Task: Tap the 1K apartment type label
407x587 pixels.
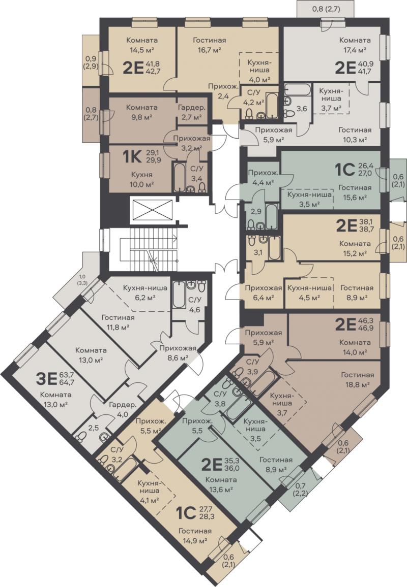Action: point(132,157)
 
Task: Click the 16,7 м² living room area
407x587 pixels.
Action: point(209,49)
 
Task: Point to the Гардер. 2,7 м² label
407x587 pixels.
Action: point(191,112)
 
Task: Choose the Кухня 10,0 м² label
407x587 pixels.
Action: point(141,179)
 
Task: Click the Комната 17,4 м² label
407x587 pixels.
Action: point(355,45)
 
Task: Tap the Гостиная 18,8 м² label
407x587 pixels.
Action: point(357,379)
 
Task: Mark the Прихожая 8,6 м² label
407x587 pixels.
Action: point(178,352)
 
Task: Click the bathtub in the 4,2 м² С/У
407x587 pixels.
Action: point(271,103)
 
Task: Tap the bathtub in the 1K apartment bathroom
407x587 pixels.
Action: point(179,177)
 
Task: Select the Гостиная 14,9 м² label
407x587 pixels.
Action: point(195,535)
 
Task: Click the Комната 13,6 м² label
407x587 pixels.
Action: point(221,484)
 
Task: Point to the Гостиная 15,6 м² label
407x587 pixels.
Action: point(355,191)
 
